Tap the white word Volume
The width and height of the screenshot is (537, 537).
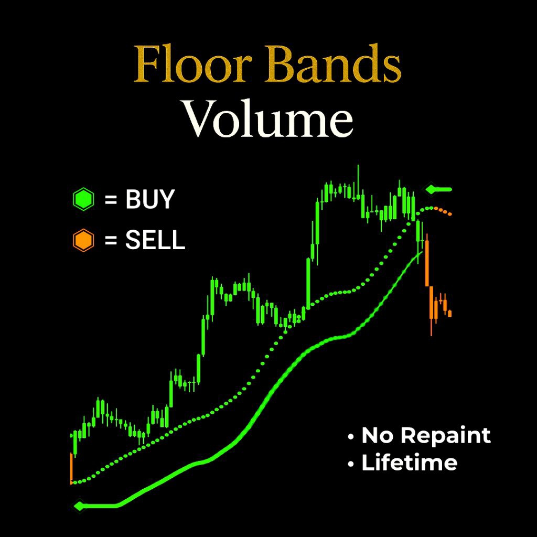(x=267, y=120)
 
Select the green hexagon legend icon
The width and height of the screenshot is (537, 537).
(x=83, y=200)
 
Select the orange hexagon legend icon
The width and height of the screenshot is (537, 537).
(x=83, y=241)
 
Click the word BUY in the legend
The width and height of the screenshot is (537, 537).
(x=149, y=200)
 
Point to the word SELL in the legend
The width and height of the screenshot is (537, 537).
(x=155, y=241)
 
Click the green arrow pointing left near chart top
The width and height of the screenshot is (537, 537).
(x=438, y=189)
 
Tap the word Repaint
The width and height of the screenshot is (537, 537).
(x=449, y=435)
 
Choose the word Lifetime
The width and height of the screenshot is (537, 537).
(x=409, y=463)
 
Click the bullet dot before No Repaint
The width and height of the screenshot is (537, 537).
(x=350, y=436)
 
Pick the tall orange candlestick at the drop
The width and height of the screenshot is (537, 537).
(x=427, y=262)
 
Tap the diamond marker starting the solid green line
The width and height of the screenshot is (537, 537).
(x=79, y=506)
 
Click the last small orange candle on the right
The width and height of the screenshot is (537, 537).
(x=449, y=313)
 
